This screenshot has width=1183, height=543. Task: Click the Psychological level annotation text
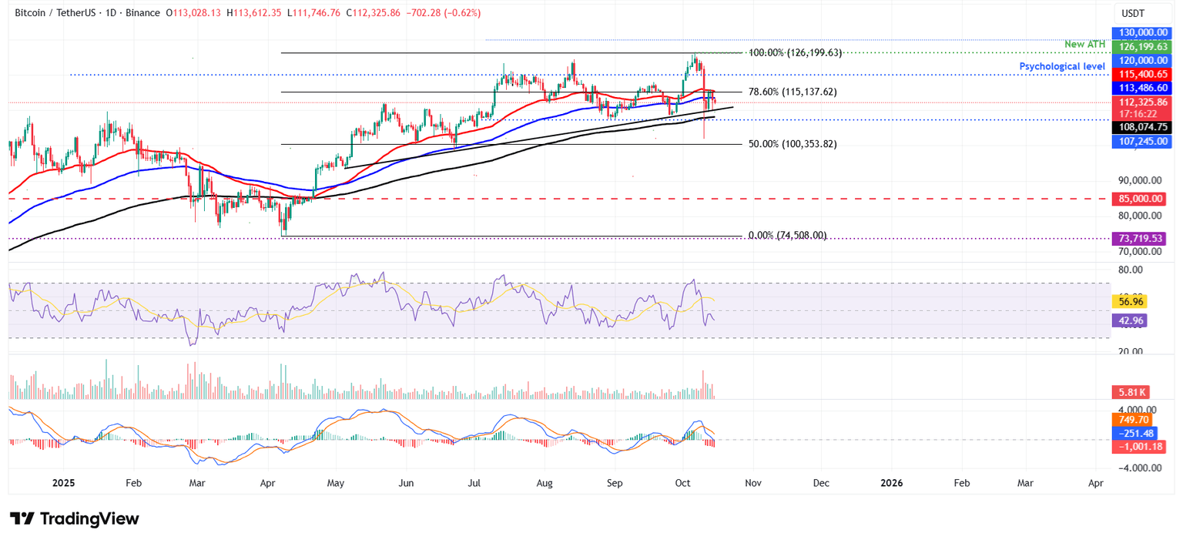[1062, 66]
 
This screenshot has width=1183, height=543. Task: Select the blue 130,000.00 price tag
[1138, 32]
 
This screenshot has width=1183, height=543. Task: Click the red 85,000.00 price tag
[1138, 199]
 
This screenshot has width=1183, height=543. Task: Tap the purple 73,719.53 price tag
[1138, 239]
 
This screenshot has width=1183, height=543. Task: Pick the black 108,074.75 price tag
[1138, 128]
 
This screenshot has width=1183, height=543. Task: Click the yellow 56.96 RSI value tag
[1130, 301]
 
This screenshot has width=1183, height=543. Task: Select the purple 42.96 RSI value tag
[1130, 320]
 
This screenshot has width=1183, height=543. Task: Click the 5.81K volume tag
[1130, 392]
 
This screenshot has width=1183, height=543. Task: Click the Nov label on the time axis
[753, 483]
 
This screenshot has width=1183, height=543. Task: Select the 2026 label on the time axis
[891, 483]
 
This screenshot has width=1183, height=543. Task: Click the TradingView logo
[75, 518]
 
